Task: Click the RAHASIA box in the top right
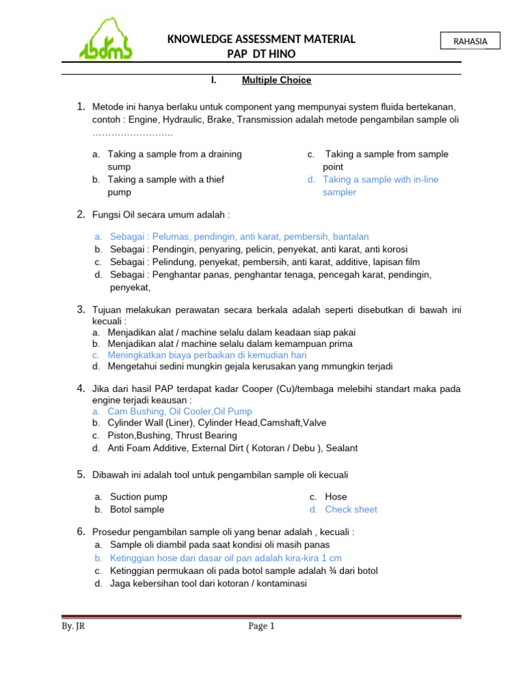pos(470,41)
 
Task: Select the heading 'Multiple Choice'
pos(276,80)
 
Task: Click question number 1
pos(80,106)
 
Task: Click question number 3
pos(80,309)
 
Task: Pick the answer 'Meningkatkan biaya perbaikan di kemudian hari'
pos(207,355)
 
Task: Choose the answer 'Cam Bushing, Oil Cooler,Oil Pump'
pos(180,411)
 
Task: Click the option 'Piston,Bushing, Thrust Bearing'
pos(172,436)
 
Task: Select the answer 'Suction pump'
pos(139,497)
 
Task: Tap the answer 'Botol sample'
pos(137,509)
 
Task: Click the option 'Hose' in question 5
pos(336,497)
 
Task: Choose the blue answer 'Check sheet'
pos(351,509)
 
